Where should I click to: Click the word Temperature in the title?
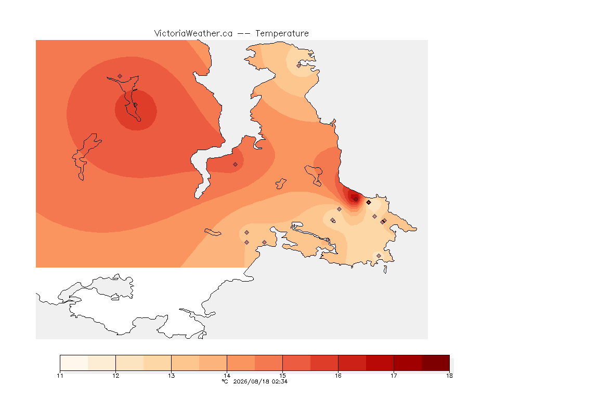click(x=282, y=34)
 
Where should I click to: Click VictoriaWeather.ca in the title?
click(x=193, y=34)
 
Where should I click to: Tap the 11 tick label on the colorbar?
click(x=60, y=376)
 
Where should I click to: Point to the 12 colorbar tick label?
click(x=116, y=376)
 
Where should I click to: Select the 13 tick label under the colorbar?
click(x=171, y=376)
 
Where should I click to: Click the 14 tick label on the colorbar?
click(x=227, y=376)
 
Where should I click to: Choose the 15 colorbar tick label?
click(x=282, y=376)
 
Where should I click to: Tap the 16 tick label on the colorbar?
click(x=338, y=376)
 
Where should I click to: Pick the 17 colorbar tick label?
click(x=394, y=376)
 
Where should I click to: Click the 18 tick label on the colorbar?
click(x=449, y=376)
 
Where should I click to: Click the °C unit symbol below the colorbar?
click(x=225, y=381)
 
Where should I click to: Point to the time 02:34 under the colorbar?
click(x=280, y=381)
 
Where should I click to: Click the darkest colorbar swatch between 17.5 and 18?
click(x=436, y=363)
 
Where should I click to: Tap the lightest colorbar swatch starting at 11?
click(x=74, y=363)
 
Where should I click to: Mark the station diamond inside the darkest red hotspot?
click(x=356, y=199)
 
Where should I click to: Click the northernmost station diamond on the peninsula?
click(x=299, y=65)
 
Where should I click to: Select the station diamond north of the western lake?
click(x=120, y=76)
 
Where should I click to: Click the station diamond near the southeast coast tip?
click(x=379, y=256)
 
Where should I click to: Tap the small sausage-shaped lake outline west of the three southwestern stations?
click(x=213, y=232)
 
